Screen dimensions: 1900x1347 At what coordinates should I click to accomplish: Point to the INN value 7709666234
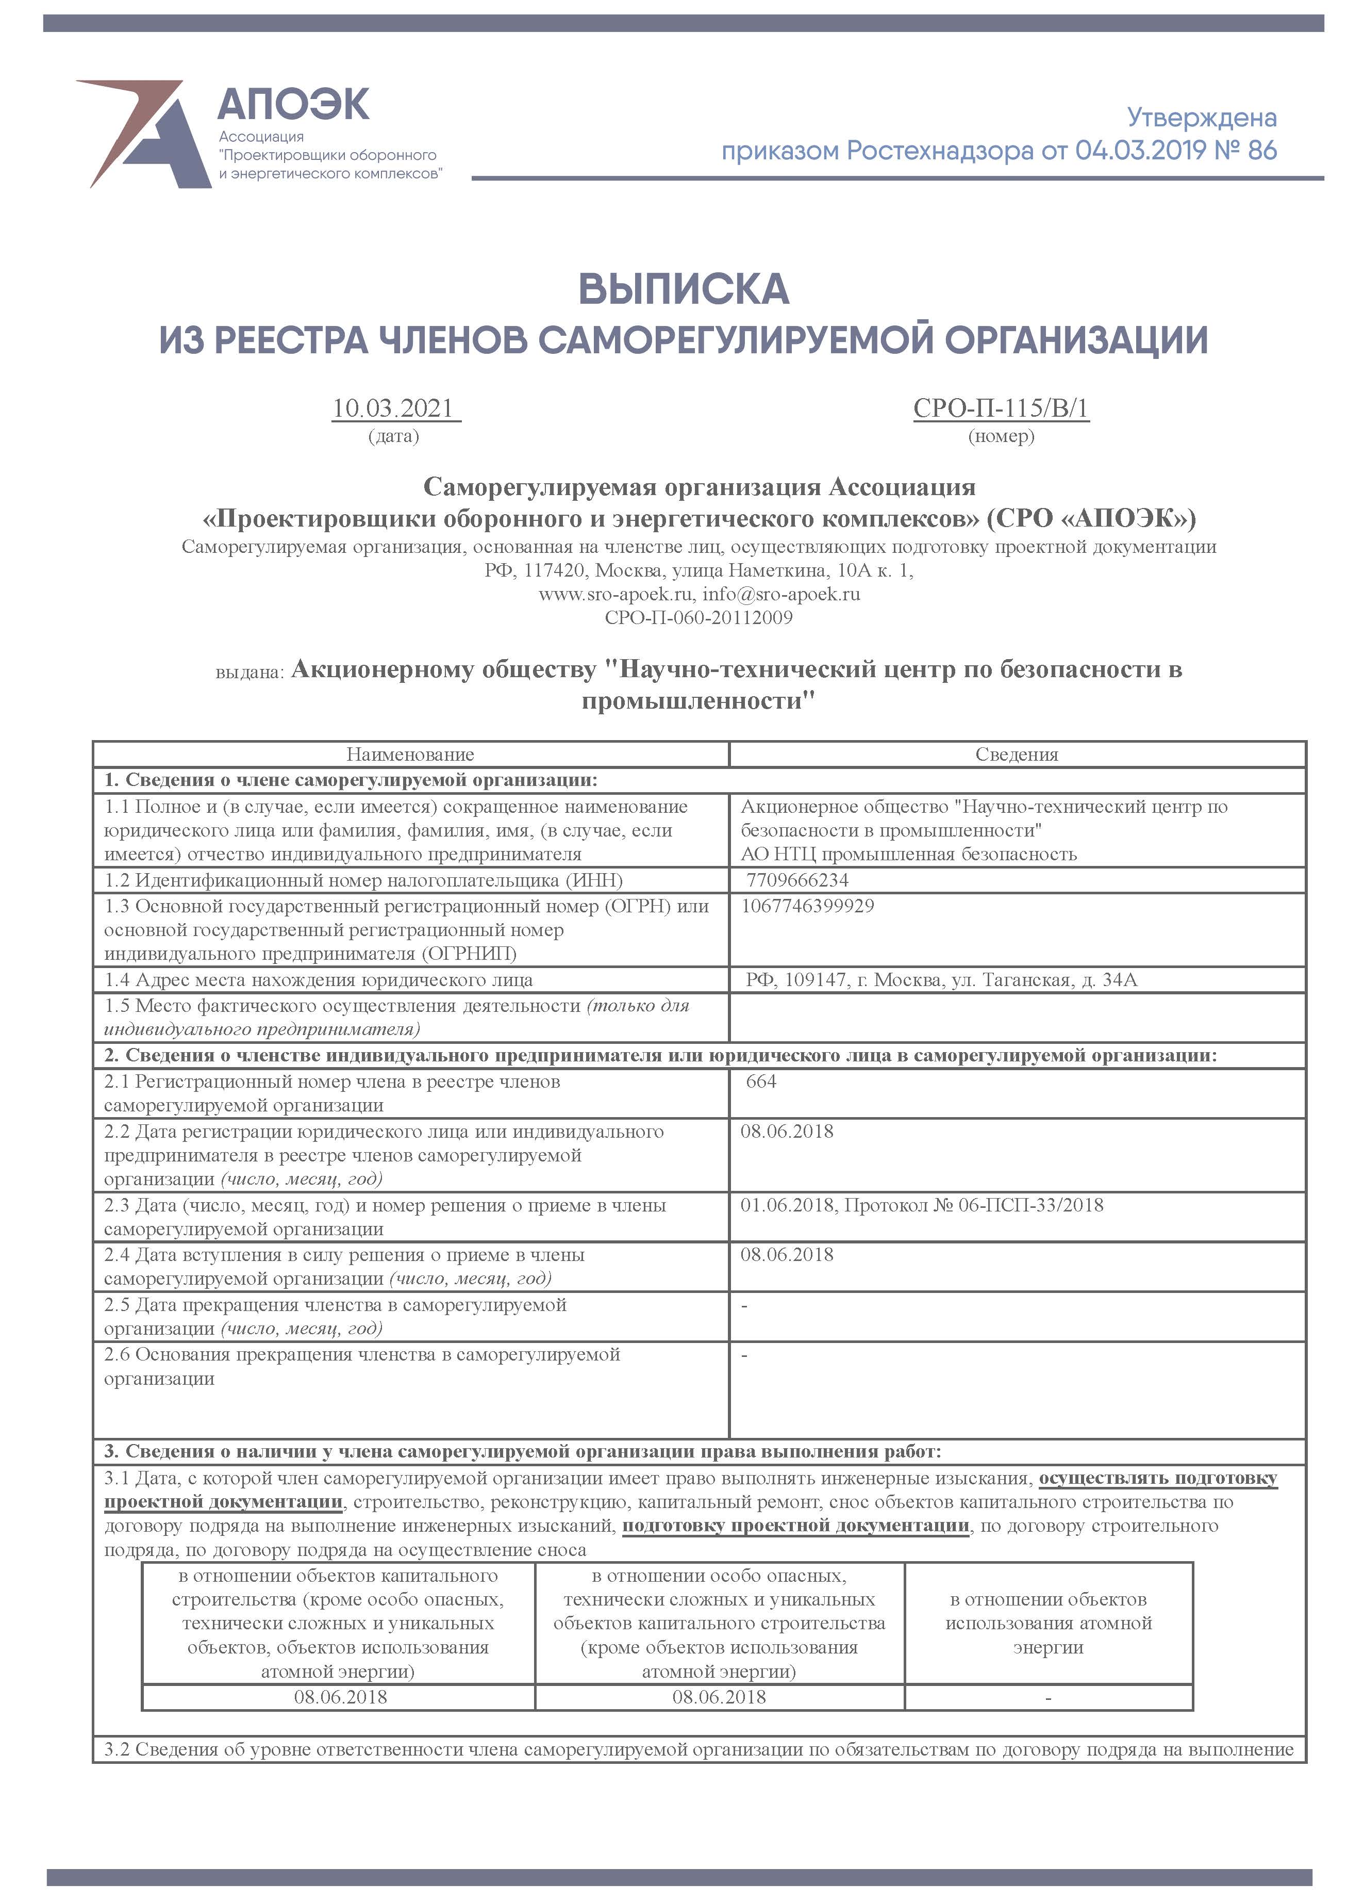(x=797, y=879)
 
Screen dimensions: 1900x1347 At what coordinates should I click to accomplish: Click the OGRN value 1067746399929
(x=807, y=905)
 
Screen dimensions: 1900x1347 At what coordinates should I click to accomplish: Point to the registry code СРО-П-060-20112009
(x=699, y=617)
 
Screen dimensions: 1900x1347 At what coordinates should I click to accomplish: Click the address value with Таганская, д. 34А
(x=941, y=980)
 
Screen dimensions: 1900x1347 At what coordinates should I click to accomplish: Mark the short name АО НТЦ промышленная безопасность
(x=908, y=854)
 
